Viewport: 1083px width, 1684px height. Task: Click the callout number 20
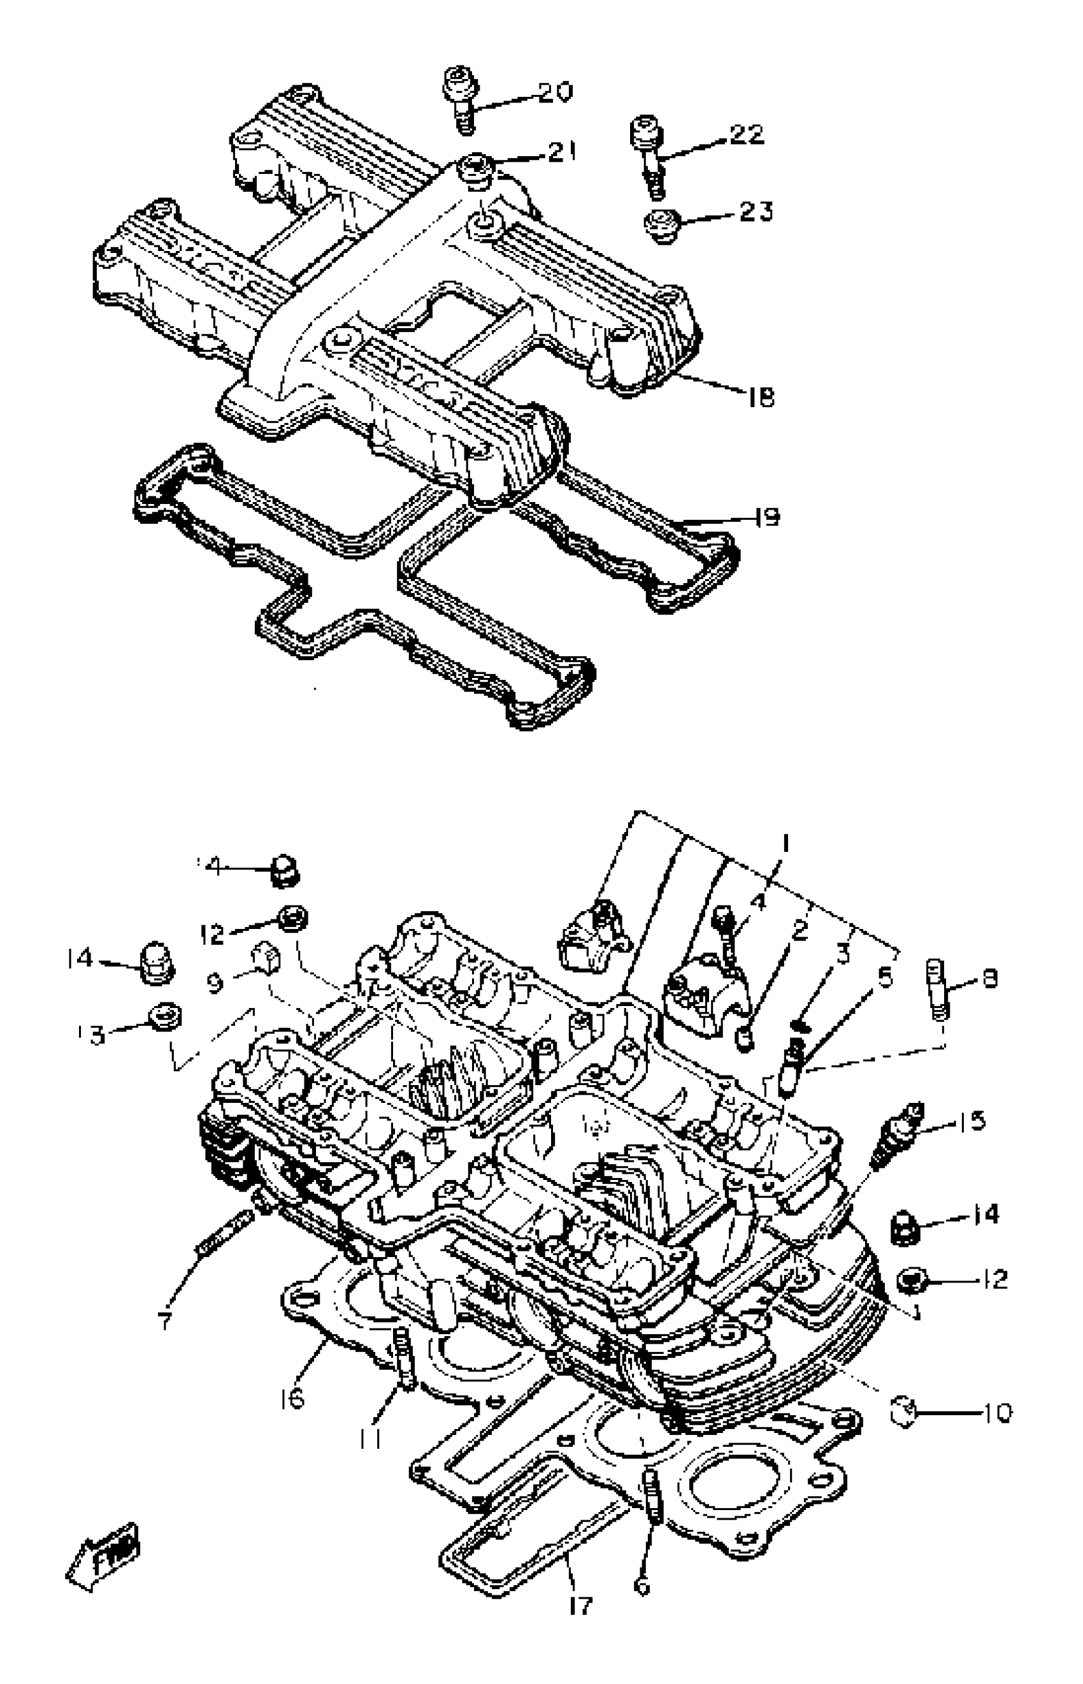pos(556,91)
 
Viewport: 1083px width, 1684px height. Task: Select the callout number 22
pos(746,134)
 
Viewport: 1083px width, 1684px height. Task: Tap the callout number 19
pos(767,517)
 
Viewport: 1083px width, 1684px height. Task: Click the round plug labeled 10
pos(901,1410)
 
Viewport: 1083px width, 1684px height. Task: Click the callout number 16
pos(291,1399)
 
